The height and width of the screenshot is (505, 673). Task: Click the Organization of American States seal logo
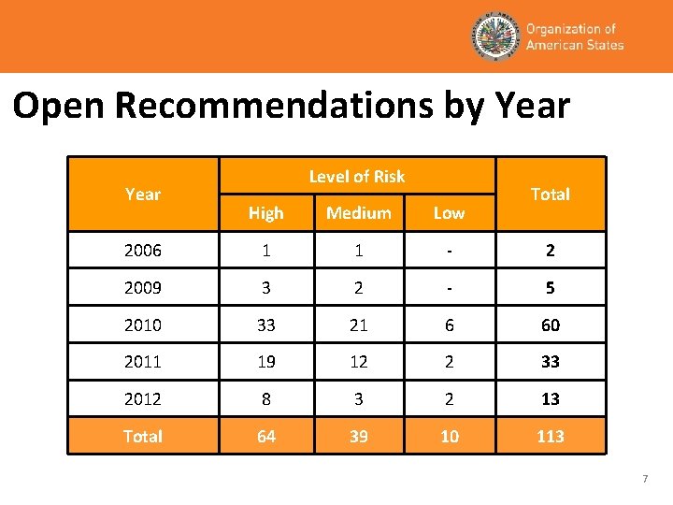[x=494, y=37]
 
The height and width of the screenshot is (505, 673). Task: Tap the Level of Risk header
[x=357, y=176]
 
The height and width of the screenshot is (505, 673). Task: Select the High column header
[x=266, y=213]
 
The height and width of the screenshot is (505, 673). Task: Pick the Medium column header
[x=359, y=213]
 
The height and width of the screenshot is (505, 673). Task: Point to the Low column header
[x=449, y=213]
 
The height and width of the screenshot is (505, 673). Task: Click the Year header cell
[x=142, y=195]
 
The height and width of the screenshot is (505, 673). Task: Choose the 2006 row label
[x=142, y=251]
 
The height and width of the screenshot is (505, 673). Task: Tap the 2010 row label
[x=142, y=325]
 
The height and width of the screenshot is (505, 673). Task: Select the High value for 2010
[x=266, y=325]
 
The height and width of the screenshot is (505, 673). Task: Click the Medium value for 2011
[x=359, y=362]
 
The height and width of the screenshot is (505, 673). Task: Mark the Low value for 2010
[x=449, y=325]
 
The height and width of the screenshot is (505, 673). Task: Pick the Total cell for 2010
[x=550, y=325]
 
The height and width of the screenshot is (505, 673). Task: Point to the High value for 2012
[x=266, y=399]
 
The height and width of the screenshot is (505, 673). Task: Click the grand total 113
[x=550, y=437]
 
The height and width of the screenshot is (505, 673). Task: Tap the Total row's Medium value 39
[x=359, y=437]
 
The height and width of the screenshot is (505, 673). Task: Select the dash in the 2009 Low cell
[x=449, y=288]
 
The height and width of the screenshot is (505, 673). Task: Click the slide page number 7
[x=644, y=480]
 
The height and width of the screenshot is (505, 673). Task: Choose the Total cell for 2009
[x=550, y=288]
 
